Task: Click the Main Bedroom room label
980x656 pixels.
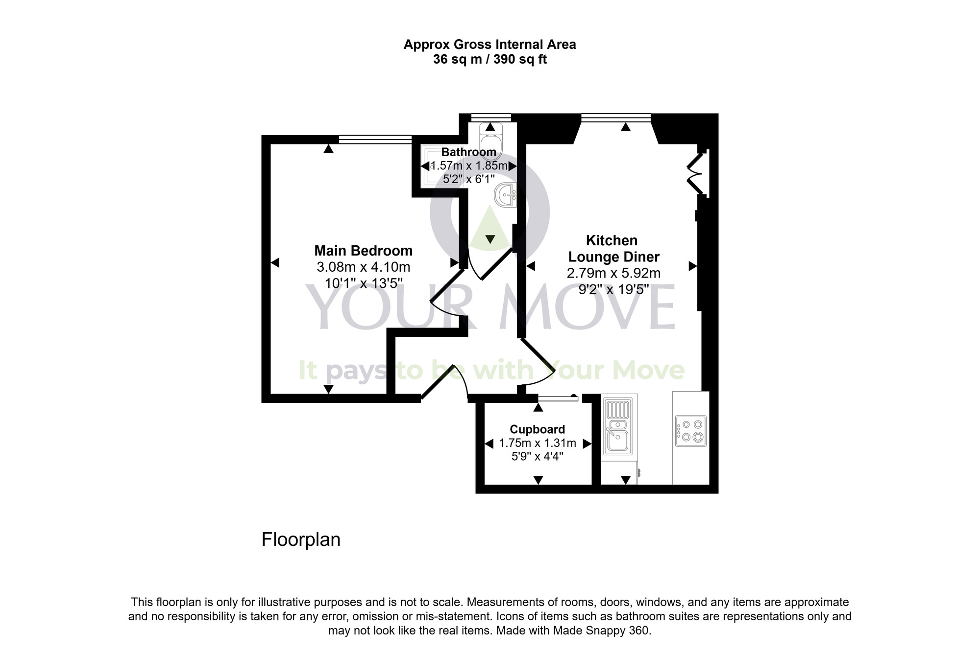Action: [363, 251]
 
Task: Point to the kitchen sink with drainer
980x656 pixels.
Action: [617, 426]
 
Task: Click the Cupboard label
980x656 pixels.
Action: [537, 429]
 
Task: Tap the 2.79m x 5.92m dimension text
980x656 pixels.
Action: [613, 273]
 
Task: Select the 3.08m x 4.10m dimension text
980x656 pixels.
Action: [363, 267]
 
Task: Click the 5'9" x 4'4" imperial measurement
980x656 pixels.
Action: [537, 457]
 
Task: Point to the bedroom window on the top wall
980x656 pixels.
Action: [375, 140]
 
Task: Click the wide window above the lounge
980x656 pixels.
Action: [615, 117]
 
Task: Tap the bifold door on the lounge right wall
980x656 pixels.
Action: [696, 174]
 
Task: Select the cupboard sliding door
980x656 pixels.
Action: [558, 398]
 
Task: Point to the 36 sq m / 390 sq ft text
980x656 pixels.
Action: [490, 60]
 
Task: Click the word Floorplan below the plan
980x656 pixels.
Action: [301, 539]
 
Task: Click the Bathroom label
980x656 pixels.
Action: [468, 152]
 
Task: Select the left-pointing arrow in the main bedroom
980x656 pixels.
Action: [275, 263]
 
